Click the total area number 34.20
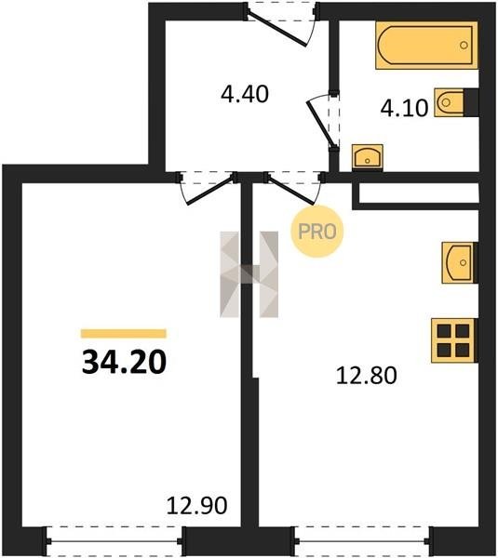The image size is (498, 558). coord(124,362)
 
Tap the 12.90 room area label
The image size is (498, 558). coord(196,506)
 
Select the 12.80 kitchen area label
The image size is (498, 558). coord(366,376)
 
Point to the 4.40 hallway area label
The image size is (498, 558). coord(245,94)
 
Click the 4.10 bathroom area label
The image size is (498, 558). coord(404,108)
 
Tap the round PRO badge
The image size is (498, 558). coord(316,232)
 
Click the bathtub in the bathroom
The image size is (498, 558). coord(426,46)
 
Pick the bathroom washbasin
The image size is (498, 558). coord(368,157)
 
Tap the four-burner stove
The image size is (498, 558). coord(454,340)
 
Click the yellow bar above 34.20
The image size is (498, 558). coord(124,334)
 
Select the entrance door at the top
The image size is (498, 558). coord(280,22)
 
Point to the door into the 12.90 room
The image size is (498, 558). coord(209,190)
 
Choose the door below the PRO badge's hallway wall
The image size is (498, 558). coord(292,190)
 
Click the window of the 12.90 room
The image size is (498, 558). coord(114,541)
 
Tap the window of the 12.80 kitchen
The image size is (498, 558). coord(363,541)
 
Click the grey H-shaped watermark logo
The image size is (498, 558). coord(249,274)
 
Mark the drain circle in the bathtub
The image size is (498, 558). coord(464,46)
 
